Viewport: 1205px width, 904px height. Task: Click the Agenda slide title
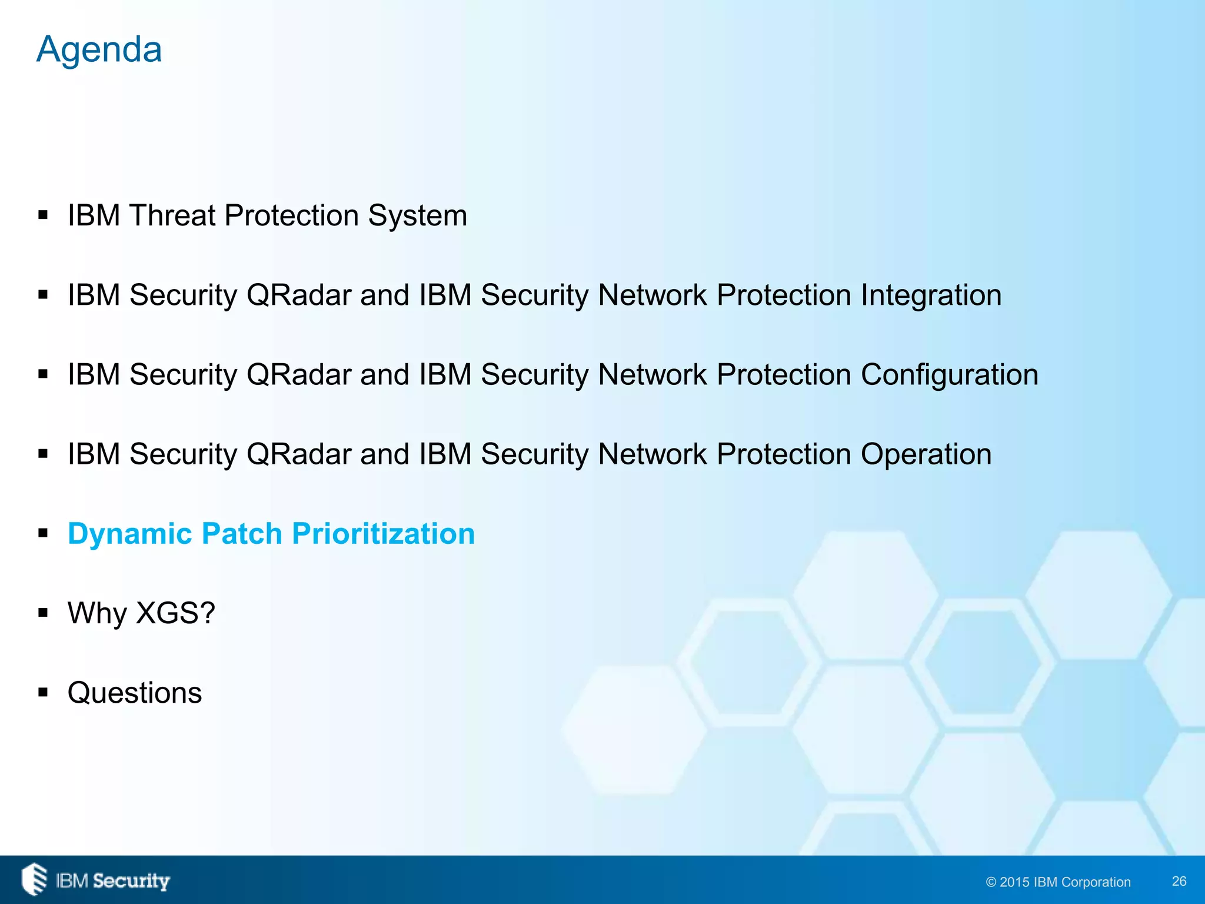(99, 49)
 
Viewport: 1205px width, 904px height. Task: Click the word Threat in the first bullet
(174, 215)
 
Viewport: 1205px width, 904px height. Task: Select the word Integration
(931, 295)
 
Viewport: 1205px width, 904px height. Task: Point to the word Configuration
(950, 374)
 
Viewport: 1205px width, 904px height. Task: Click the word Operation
(926, 454)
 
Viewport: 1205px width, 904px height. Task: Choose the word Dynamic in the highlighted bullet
(130, 534)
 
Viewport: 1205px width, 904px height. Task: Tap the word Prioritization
(383, 534)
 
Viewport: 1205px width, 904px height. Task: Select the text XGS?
(175, 613)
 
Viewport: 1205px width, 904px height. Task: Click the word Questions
(135, 693)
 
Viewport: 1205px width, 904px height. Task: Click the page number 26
(1179, 881)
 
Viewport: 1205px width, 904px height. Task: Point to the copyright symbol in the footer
(991, 882)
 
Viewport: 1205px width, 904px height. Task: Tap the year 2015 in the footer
(1014, 882)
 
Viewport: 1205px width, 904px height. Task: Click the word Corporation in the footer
(1096, 882)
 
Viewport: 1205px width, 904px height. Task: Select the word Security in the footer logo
(131, 881)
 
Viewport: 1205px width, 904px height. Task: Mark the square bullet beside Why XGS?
(43, 613)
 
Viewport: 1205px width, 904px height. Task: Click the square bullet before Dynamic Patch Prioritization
(43, 534)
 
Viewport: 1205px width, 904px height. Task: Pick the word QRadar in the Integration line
(299, 295)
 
